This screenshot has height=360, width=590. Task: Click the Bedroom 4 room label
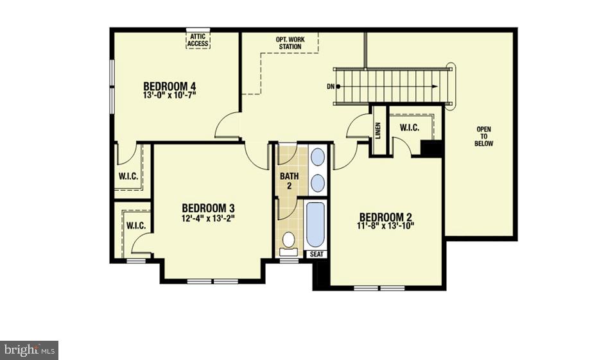(x=169, y=86)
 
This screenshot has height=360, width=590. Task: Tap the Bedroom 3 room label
(x=208, y=208)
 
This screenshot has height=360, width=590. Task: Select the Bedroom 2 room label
(x=385, y=218)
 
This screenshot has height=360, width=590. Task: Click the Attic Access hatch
(x=198, y=40)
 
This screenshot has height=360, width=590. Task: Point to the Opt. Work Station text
(x=290, y=43)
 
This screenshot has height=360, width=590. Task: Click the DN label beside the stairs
(x=330, y=87)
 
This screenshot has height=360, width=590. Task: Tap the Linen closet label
(x=378, y=130)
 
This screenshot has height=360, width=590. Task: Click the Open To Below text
(x=484, y=137)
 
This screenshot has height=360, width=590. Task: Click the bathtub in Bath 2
(x=315, y=225)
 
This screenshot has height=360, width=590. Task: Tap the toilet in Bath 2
(x=289, y=241)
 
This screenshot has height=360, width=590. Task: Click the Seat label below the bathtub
(x=317, y=254)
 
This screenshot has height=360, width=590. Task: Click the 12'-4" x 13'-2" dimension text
(x=208, y=218)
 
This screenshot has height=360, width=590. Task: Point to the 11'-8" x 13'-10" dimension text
(x=386, y=226)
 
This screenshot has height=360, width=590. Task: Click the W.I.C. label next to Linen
(x=410, y=128)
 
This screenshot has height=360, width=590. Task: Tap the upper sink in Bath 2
(x=317, y=158)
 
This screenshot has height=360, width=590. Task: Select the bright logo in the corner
(x=30, y=350)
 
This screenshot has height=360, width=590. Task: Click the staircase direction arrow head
(x=436, y=86)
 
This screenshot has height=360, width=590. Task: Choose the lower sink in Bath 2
(x=317, y=183)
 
